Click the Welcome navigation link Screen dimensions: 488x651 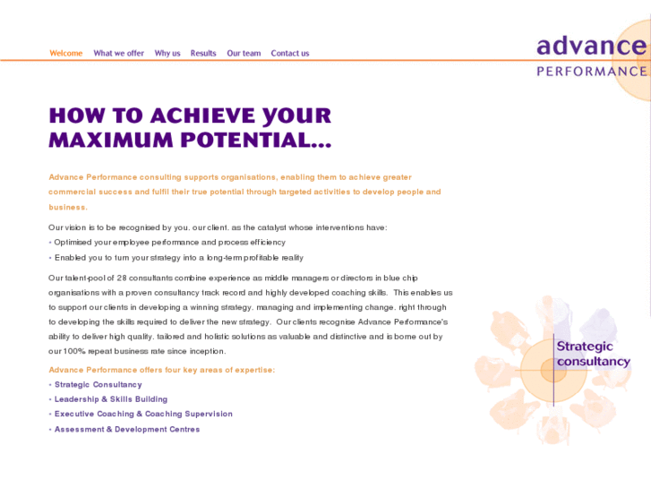pyautogui.click(x=66, y=54)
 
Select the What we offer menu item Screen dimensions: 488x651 pyautogui.click(x=118, y=54)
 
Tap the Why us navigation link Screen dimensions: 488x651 pyautogui.click(x=167, y=54)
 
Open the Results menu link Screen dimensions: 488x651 pyautogui.click(x=203, y=54)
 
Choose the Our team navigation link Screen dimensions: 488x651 pyautogui.click(x=244, y=54)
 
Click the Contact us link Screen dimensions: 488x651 pyautogui.click(x=290, y=54)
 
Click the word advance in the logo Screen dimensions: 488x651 pyautogui.click(x=591, y=46)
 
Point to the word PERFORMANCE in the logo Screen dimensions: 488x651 pyautogui.click(x=591, y=71)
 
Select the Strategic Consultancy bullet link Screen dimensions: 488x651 pyautogui.click(x=98, y=385)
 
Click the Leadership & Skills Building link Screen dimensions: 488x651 pyautogui.click(x=111, y=399)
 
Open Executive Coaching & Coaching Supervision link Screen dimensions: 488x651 pyautogui.click(x=143, y=414)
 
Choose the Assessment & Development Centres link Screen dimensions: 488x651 pyautogui.click(x=127, y=429)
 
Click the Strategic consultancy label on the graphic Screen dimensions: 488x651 pyautogui.click(x=592, y=354)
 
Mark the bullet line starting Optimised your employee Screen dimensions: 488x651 pyautogui.click(x=169, y=242)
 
